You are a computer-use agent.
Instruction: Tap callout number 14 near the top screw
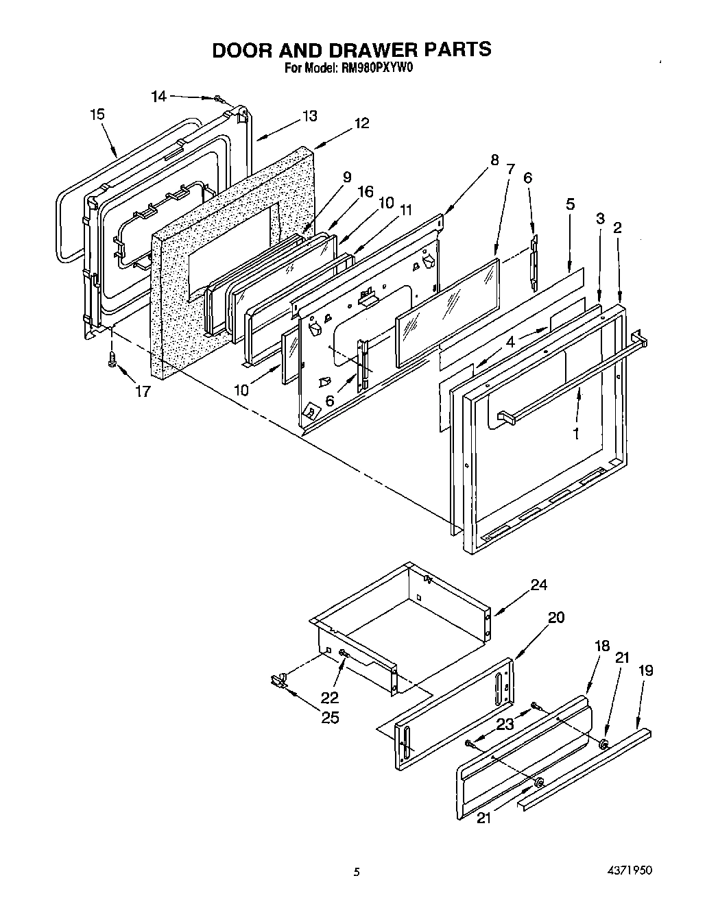click(158, 97)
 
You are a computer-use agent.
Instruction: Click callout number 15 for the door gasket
click(97, 114)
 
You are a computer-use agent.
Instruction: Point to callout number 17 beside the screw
click(143, 391)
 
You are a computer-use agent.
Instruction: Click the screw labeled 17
click(112, 359)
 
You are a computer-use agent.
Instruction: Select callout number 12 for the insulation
click(361, 123)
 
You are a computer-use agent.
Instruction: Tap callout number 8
click(494, 162)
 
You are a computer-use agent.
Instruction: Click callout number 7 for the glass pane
click(510, 169)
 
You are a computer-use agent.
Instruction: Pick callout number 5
click(570, 204)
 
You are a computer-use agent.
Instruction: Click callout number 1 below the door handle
click(576, 433)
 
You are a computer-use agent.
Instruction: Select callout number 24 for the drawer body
click(538, 585)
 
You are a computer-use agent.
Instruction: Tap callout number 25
click(331, 718)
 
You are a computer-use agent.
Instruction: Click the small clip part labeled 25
click(277, 679)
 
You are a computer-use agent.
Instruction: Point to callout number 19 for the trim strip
click(645, 670)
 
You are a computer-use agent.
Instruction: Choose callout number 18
click(602, 646)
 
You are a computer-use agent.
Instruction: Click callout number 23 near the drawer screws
click(505, 724)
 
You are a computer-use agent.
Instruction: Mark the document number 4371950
click(628, 869)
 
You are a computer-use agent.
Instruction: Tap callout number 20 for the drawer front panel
click(556, 618)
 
